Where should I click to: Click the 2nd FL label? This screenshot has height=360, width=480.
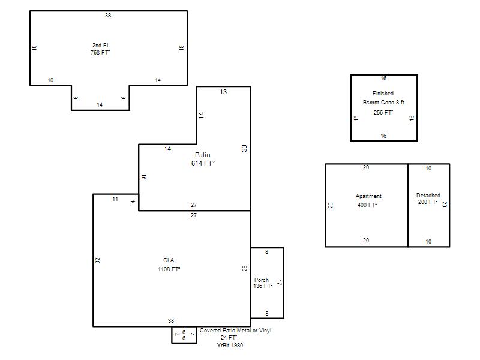(101, 46)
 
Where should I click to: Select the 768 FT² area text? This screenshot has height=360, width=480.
(100, 53)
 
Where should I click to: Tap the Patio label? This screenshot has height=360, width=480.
(203, 155)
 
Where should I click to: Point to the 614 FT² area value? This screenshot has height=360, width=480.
(203, 163)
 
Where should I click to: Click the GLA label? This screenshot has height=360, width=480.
(169, 260)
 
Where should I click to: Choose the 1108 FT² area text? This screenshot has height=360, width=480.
(169, 269)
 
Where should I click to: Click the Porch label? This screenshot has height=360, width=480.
(262, 280)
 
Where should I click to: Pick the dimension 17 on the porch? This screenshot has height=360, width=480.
(279, 283)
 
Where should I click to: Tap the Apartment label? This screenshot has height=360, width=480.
(368, 196)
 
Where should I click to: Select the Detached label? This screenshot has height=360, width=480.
(428, 196)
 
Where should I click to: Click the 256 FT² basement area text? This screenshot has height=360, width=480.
(383, 113)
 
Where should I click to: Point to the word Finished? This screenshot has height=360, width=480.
(383, 94)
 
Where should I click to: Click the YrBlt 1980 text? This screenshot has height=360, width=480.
(230, 346)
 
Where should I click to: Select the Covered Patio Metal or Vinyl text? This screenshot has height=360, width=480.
(235, 331)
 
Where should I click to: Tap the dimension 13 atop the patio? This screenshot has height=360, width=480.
(223, 92)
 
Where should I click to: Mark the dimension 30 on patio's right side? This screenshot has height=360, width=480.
(244, 148)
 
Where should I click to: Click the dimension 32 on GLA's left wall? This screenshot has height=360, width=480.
(97, 260)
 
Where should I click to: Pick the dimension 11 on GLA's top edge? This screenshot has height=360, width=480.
(115, 199)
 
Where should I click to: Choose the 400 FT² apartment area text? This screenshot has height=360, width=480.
(367, 205)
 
